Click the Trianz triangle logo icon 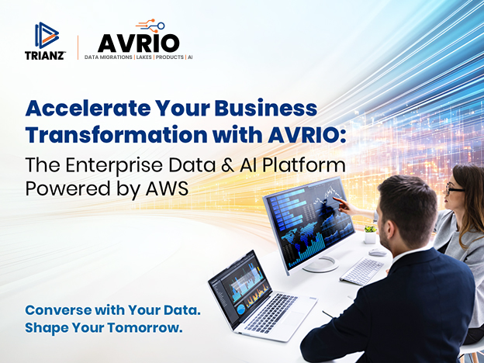click(47, 36)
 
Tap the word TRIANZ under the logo click(45, 56)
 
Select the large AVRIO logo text click(139, 43)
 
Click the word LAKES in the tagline click(144, 57)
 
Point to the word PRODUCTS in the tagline click(169, 57)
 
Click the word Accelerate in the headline click(88, 109)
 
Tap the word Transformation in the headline click(116, 135)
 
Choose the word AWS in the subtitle click(167, 188)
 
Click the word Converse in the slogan click(58, 310)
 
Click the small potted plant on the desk click(370, 234)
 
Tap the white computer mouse click(378, 253)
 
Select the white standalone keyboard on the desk click(361, 271)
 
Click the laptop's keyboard click(271, 312)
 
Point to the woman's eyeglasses click(454, 188)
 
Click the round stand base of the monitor click(320, 264)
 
